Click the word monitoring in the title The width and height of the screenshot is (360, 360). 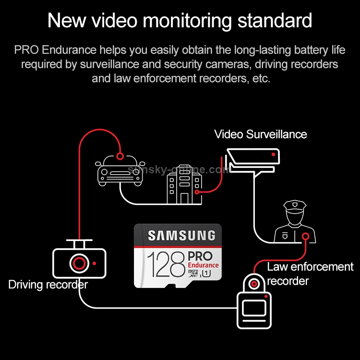click(187, 21)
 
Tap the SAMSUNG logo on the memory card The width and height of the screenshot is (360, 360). click(181, 236)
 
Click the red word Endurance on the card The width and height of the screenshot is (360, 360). click(203, 265)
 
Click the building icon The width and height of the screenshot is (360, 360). click(184, 184)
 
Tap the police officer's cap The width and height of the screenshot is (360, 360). click(295, 205)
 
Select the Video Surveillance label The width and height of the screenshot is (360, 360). click(261, 134)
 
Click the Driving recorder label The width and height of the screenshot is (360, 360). click(48, 285)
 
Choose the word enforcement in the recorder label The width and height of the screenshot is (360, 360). click(322, 267)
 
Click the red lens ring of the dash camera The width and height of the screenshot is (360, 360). click(79, 264)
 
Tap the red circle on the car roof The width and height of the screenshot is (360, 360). click(120, 156)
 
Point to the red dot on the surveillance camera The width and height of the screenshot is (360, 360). click(273, 154)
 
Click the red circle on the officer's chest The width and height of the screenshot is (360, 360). click(306, 236)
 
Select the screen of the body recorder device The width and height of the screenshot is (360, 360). click(254, 308)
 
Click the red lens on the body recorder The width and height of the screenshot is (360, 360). click(254, 284)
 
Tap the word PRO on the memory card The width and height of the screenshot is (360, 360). click(200, 256)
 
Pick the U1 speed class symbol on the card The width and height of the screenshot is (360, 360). click(206, 274)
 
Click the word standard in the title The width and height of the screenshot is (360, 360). click(275, 21)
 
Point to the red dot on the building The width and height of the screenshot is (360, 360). click(197, 192)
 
